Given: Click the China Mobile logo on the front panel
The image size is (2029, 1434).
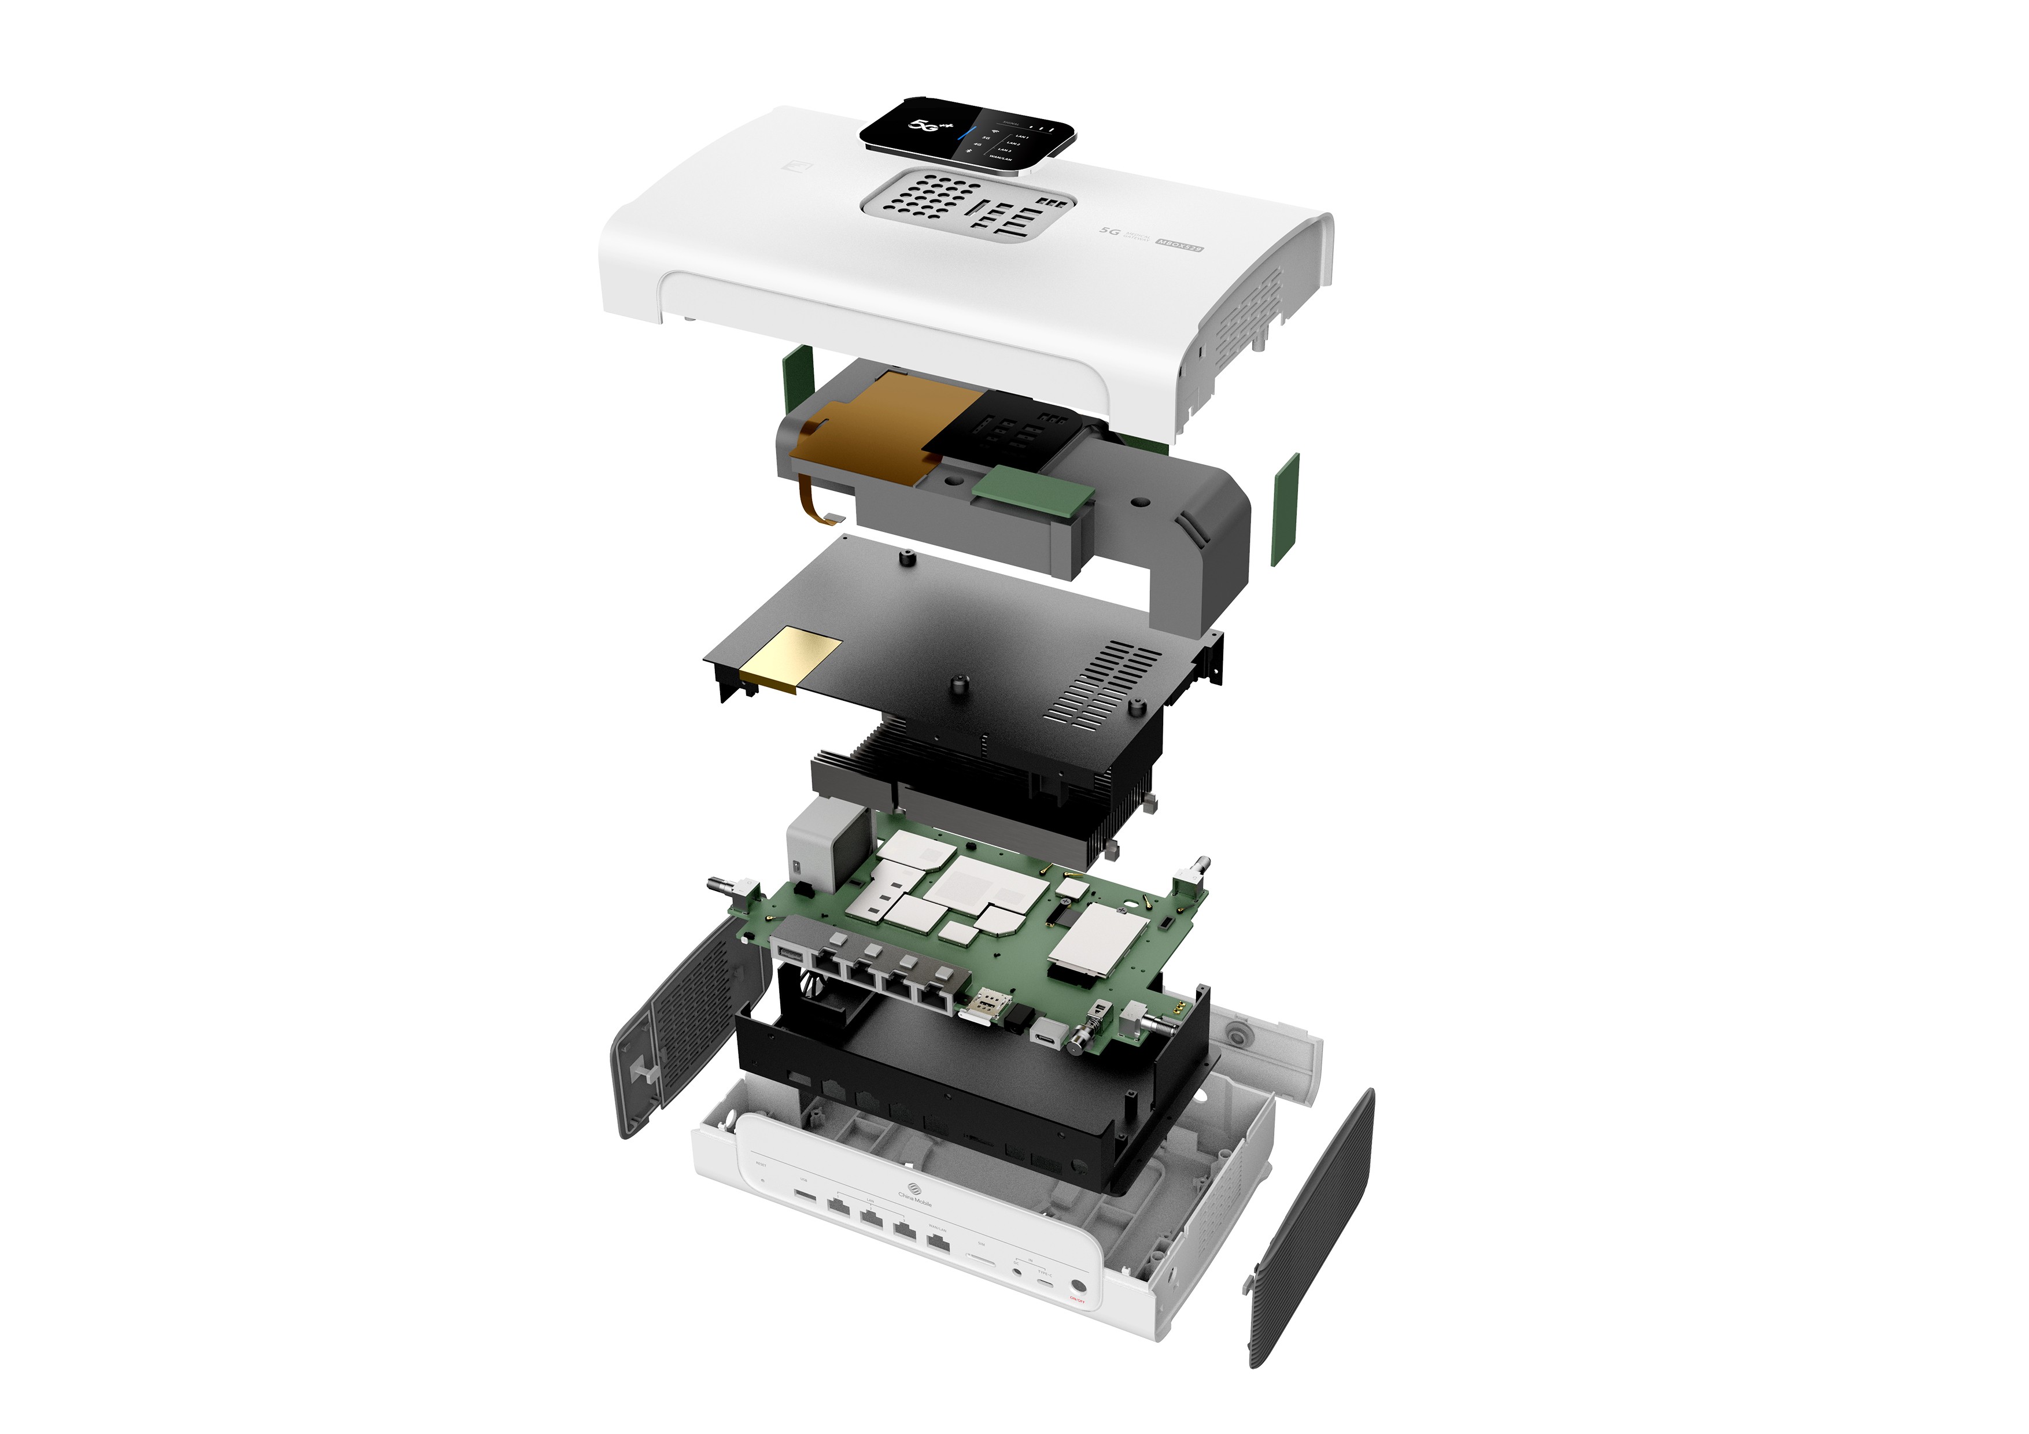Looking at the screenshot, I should [x=914, y=1189].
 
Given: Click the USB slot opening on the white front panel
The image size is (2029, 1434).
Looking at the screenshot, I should [x=805, y=1196].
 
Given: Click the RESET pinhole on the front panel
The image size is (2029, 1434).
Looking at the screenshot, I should [x=763, y=1181].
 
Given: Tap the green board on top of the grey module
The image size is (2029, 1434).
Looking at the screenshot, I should [x=1032, y=491].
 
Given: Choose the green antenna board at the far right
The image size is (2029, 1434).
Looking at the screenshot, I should [x=1285, y=510].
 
